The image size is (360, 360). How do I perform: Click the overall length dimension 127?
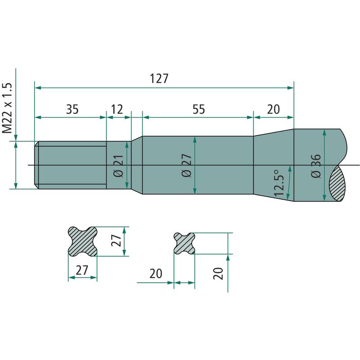[x=159, y=78]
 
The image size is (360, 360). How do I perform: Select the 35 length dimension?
[x=72, y=109]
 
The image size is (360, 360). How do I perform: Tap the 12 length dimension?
[x=117, y=109]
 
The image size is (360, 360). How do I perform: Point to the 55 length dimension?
[x=198, y=109]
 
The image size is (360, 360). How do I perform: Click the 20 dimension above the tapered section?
[x=273, y=109]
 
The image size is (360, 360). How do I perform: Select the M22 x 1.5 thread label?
[x=7, y=108]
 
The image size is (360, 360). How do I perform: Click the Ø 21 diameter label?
[x=119, y=166]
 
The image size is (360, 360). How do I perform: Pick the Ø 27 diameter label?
[x=186, y=165]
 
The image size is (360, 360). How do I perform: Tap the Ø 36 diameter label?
[x=316, y=166]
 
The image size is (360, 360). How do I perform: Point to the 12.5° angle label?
[x=279, y=183]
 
